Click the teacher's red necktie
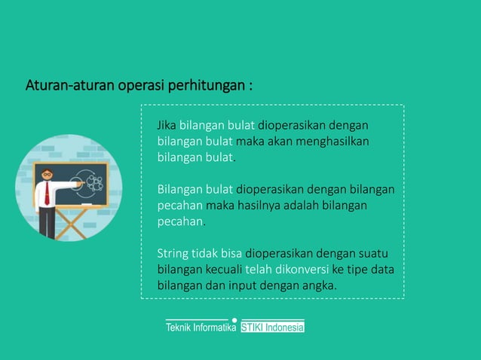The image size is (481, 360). click(47, 193)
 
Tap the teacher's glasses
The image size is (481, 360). click(47, 174)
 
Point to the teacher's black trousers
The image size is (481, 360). click(47, 222)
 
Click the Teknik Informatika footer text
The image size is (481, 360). click(201, 328)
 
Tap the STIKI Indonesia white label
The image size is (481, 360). click(272, 328)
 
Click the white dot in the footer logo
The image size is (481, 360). click(235, 320)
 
